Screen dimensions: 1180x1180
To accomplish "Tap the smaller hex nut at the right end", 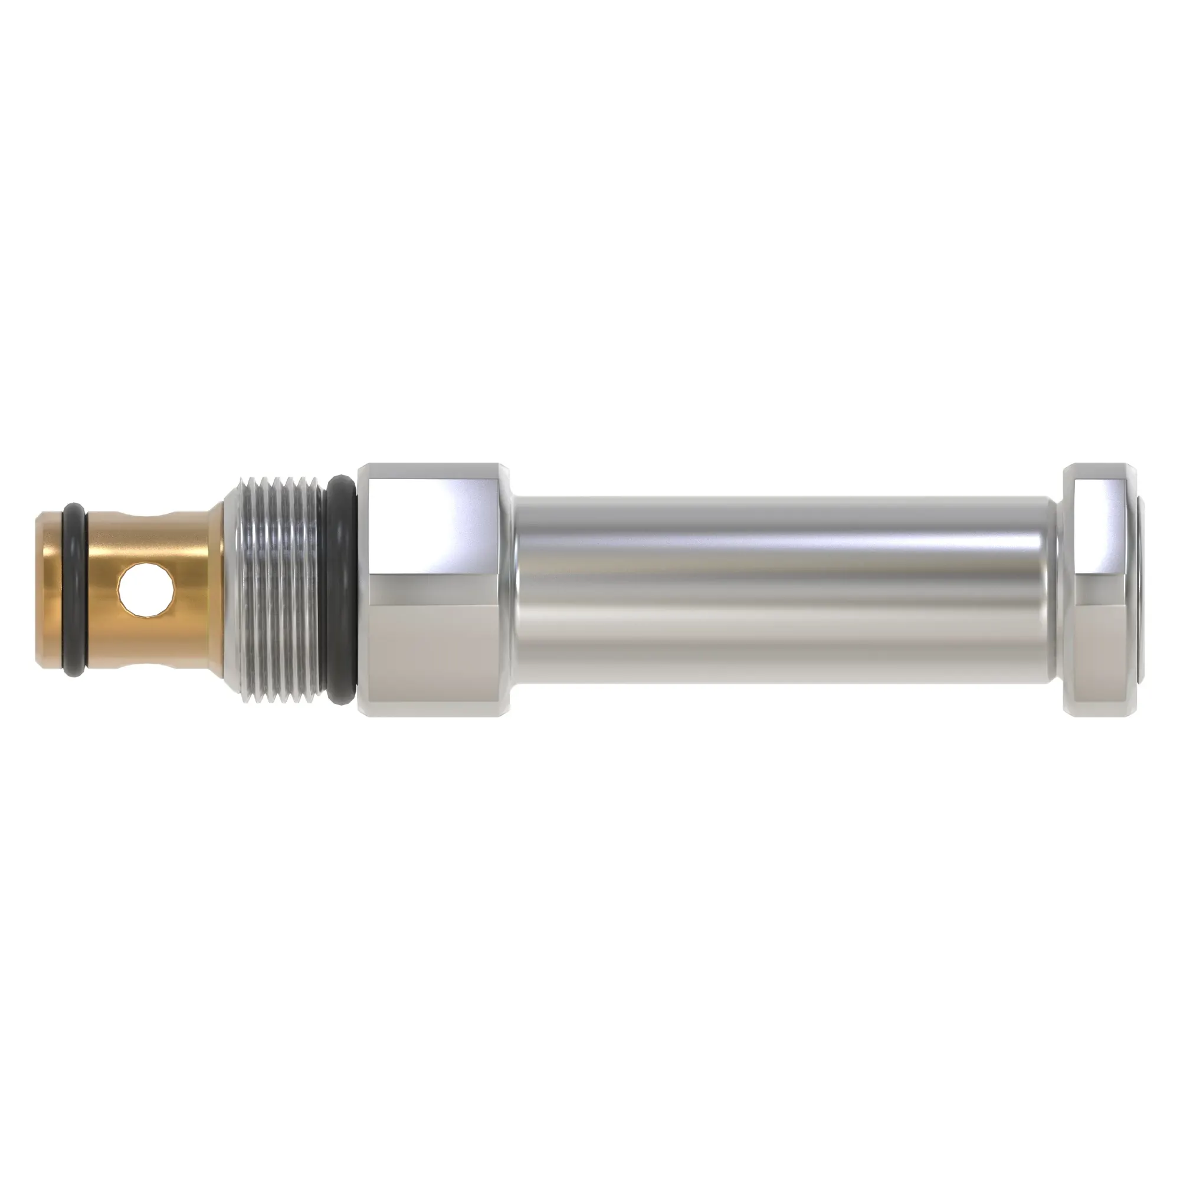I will tap(1099, 590).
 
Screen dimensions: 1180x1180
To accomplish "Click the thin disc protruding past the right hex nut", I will tap(1140, 590).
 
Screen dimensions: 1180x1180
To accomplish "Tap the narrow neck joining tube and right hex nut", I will tap(1059, 590).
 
